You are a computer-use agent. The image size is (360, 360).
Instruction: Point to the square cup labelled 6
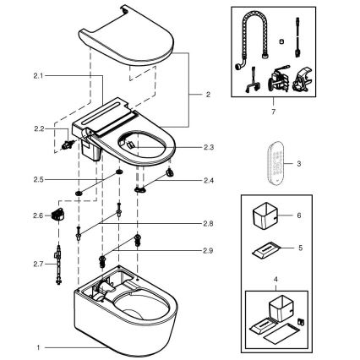point(270,219)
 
